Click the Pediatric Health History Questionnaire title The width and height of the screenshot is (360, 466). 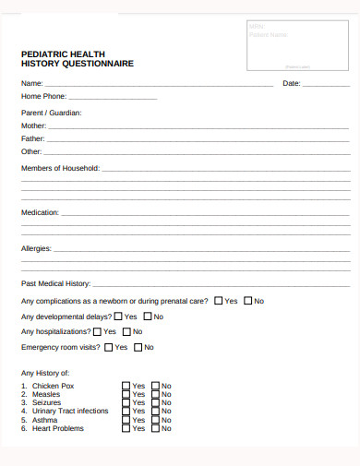point(78,59)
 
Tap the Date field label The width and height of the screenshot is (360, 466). point(292,84)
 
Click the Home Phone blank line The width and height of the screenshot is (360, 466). point(113,97)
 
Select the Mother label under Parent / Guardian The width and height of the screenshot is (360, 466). point(33,125)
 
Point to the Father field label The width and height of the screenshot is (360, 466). point(33,138)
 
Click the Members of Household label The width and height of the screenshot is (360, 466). point(60,168)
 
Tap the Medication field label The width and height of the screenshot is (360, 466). point(40,212)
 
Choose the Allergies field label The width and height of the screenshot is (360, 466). point(36,248)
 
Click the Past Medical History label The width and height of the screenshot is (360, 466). point(55,283)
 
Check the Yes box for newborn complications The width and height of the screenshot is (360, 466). point(218,301)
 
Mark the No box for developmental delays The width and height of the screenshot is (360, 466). point(147,317)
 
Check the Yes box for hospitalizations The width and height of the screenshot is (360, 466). point(97,331)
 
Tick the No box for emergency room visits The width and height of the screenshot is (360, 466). point(138,348)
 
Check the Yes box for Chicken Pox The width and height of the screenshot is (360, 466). point(126,386)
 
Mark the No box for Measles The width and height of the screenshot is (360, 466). point(156,394)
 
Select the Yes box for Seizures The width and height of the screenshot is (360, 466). point(126,402)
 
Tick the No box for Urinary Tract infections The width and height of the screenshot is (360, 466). point(156,412)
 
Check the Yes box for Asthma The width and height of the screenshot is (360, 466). point(126,420)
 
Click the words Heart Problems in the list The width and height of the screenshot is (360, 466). point(58,428)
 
